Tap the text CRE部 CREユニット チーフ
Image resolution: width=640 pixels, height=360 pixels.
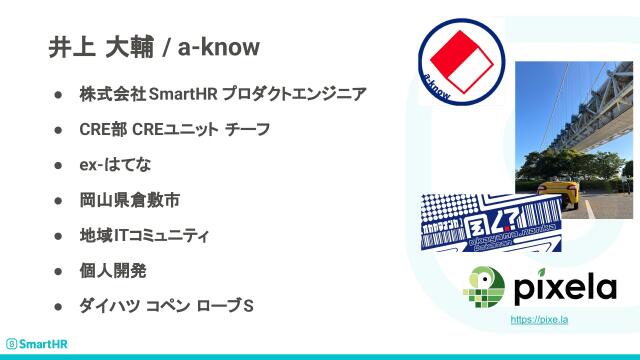click(x=174, y=129)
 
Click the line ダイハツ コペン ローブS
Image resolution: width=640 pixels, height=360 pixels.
click(x=166, y=305)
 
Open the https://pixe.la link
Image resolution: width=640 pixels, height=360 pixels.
click(x=539, y=319)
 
